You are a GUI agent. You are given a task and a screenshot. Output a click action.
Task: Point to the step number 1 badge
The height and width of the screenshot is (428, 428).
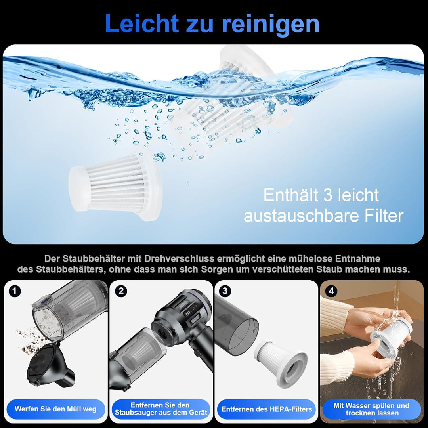coord(15,291)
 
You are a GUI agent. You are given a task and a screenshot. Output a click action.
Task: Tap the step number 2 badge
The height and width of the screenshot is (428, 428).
coord(121,291)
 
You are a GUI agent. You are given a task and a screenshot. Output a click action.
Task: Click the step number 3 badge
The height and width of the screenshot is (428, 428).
coord(225,291)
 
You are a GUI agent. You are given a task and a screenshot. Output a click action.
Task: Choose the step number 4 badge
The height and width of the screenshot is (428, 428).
coord(331,291)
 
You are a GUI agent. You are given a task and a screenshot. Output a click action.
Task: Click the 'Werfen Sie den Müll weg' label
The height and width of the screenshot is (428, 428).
coord(55,409)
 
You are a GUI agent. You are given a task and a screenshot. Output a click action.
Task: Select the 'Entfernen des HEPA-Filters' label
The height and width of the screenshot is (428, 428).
coord(267,409)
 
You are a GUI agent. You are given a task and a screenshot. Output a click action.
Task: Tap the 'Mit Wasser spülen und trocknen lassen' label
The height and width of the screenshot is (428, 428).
coord(371,409)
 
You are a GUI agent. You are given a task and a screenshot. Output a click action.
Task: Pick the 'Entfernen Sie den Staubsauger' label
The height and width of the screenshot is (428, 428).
coord(161,409)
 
